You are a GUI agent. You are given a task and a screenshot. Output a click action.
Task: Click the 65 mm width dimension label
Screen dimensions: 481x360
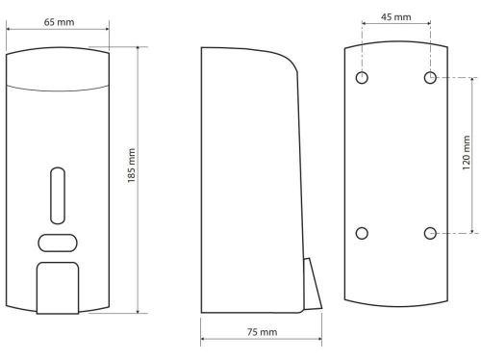coord(59,22)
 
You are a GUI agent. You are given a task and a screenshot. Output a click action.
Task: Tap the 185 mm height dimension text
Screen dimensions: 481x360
coord(132,166)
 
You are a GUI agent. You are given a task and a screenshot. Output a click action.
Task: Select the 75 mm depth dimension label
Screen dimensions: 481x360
coord(262,332)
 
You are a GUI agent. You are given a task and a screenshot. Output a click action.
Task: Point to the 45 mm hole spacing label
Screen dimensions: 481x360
coord(396,16)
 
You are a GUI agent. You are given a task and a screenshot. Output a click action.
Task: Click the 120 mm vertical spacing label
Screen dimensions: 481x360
coord(467,153)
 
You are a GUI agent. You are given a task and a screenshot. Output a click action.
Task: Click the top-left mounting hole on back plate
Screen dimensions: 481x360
coord(362,78)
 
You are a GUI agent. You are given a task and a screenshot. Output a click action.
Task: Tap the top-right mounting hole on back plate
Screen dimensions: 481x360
coord(430,78)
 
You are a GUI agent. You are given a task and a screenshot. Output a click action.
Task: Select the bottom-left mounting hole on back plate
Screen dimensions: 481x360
coord(362,233)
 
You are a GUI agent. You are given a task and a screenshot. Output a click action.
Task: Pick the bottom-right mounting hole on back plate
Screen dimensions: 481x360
coord(430,233)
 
